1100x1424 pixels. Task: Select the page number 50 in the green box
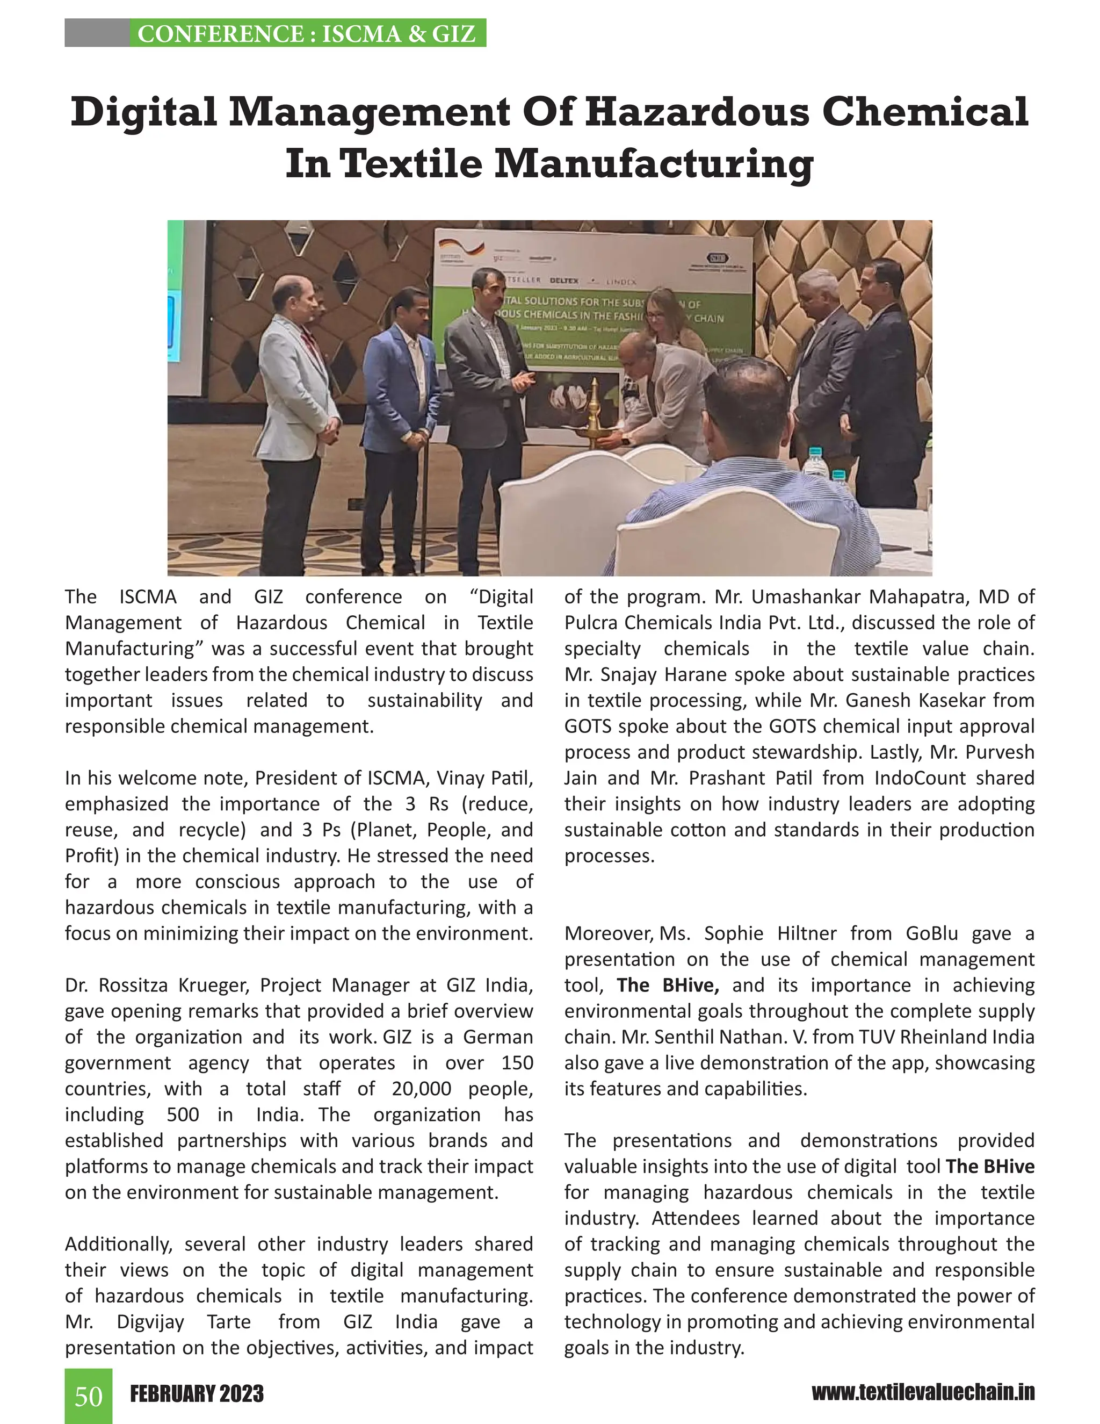(89, 1397)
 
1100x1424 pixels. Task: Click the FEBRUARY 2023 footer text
(197, 1394)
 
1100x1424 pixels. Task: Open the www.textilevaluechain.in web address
(923, 1393)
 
